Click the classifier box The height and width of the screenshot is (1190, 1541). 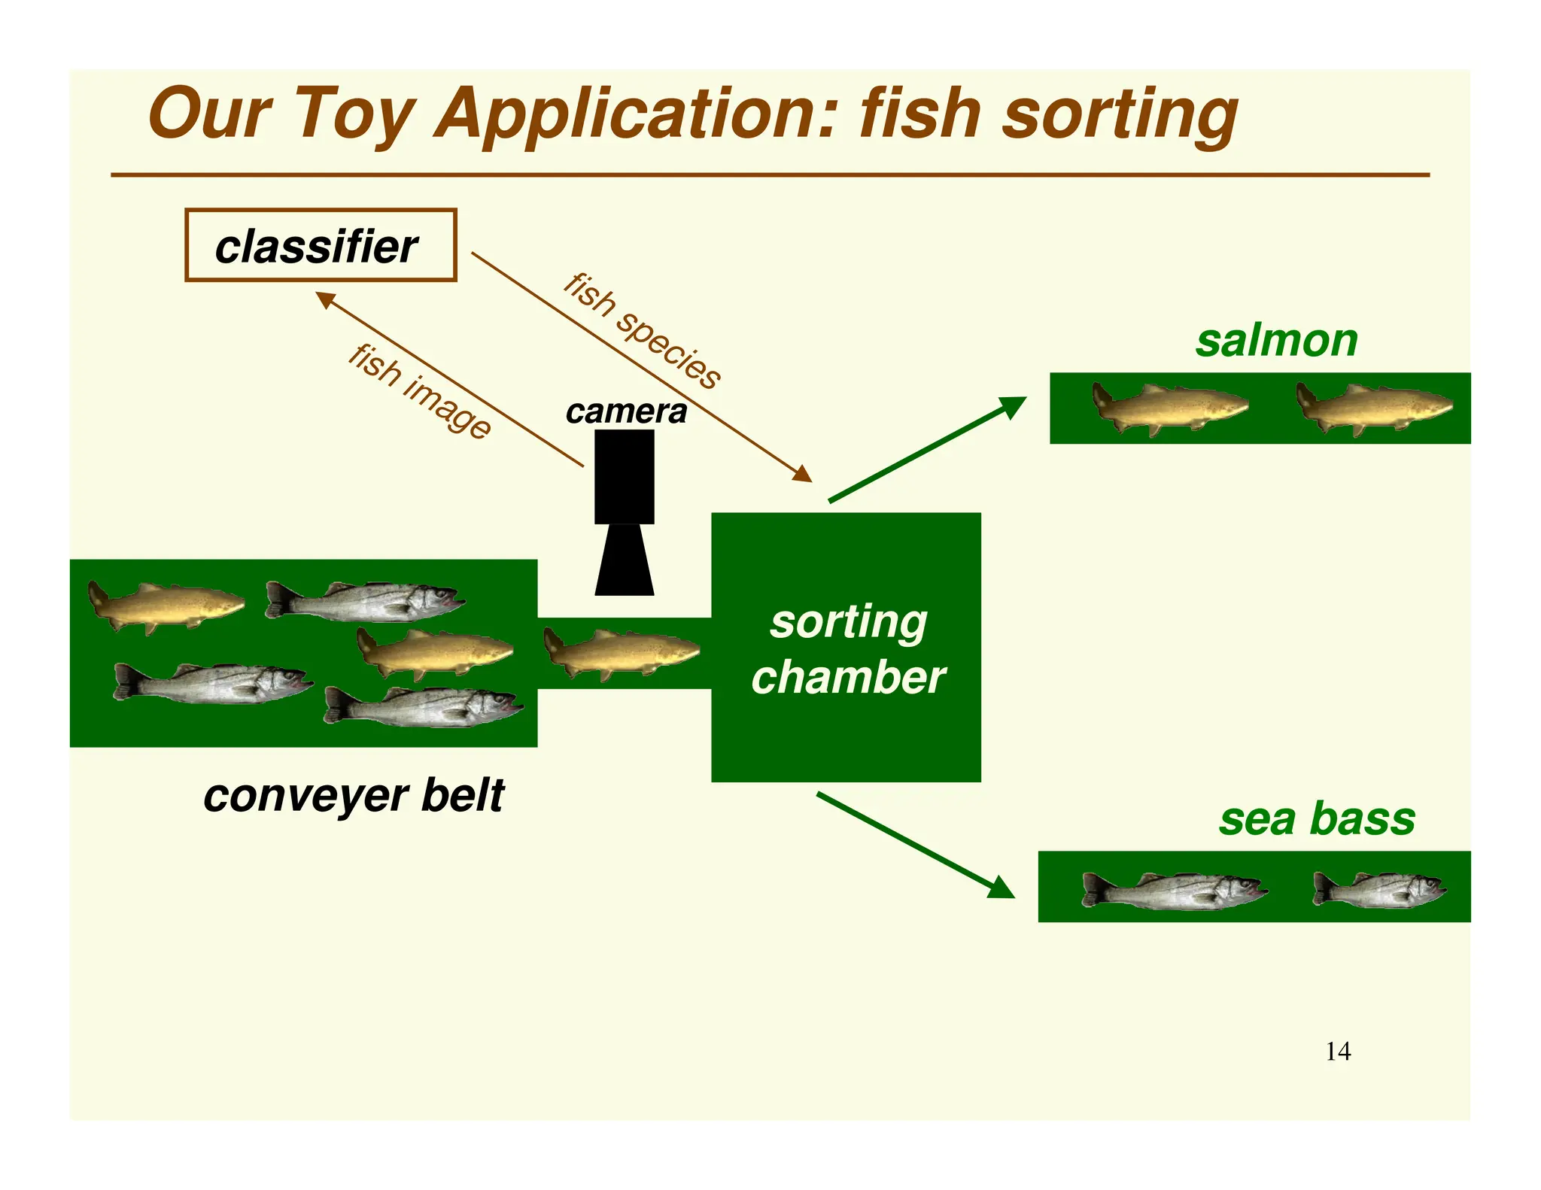pos(321,245)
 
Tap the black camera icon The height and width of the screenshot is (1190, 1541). pos(624,512)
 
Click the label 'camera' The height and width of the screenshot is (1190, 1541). pos(626,411)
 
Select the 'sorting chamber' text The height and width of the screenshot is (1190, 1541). pos(848,650)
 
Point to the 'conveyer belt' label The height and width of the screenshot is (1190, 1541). pos(354,796)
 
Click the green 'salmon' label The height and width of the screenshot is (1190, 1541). pos(1277,341)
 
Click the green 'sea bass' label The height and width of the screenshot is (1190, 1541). pos(1317,819)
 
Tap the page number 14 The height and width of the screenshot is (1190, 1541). pos(1338,1052)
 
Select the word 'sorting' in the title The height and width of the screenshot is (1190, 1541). pos(1120,115)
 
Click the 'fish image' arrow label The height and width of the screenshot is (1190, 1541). pos(419,391)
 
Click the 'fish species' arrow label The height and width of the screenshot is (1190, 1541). pos(642,331)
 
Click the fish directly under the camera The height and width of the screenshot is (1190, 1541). pos(622,652)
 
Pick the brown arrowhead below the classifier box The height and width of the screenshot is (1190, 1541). pos(325,299)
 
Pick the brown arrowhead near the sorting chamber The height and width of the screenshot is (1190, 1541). pos(803,474)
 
